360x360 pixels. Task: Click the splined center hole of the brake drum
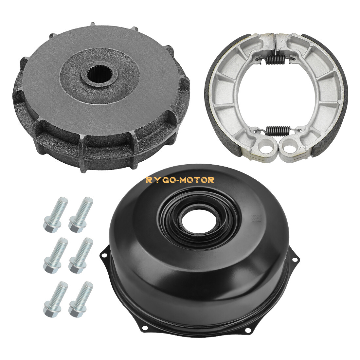pyautogui.click(x=95, y=78)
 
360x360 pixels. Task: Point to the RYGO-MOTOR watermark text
pyautogui.click(x=180, y=180)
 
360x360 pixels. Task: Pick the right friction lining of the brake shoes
pyautogui.click(x=337, y=98)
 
